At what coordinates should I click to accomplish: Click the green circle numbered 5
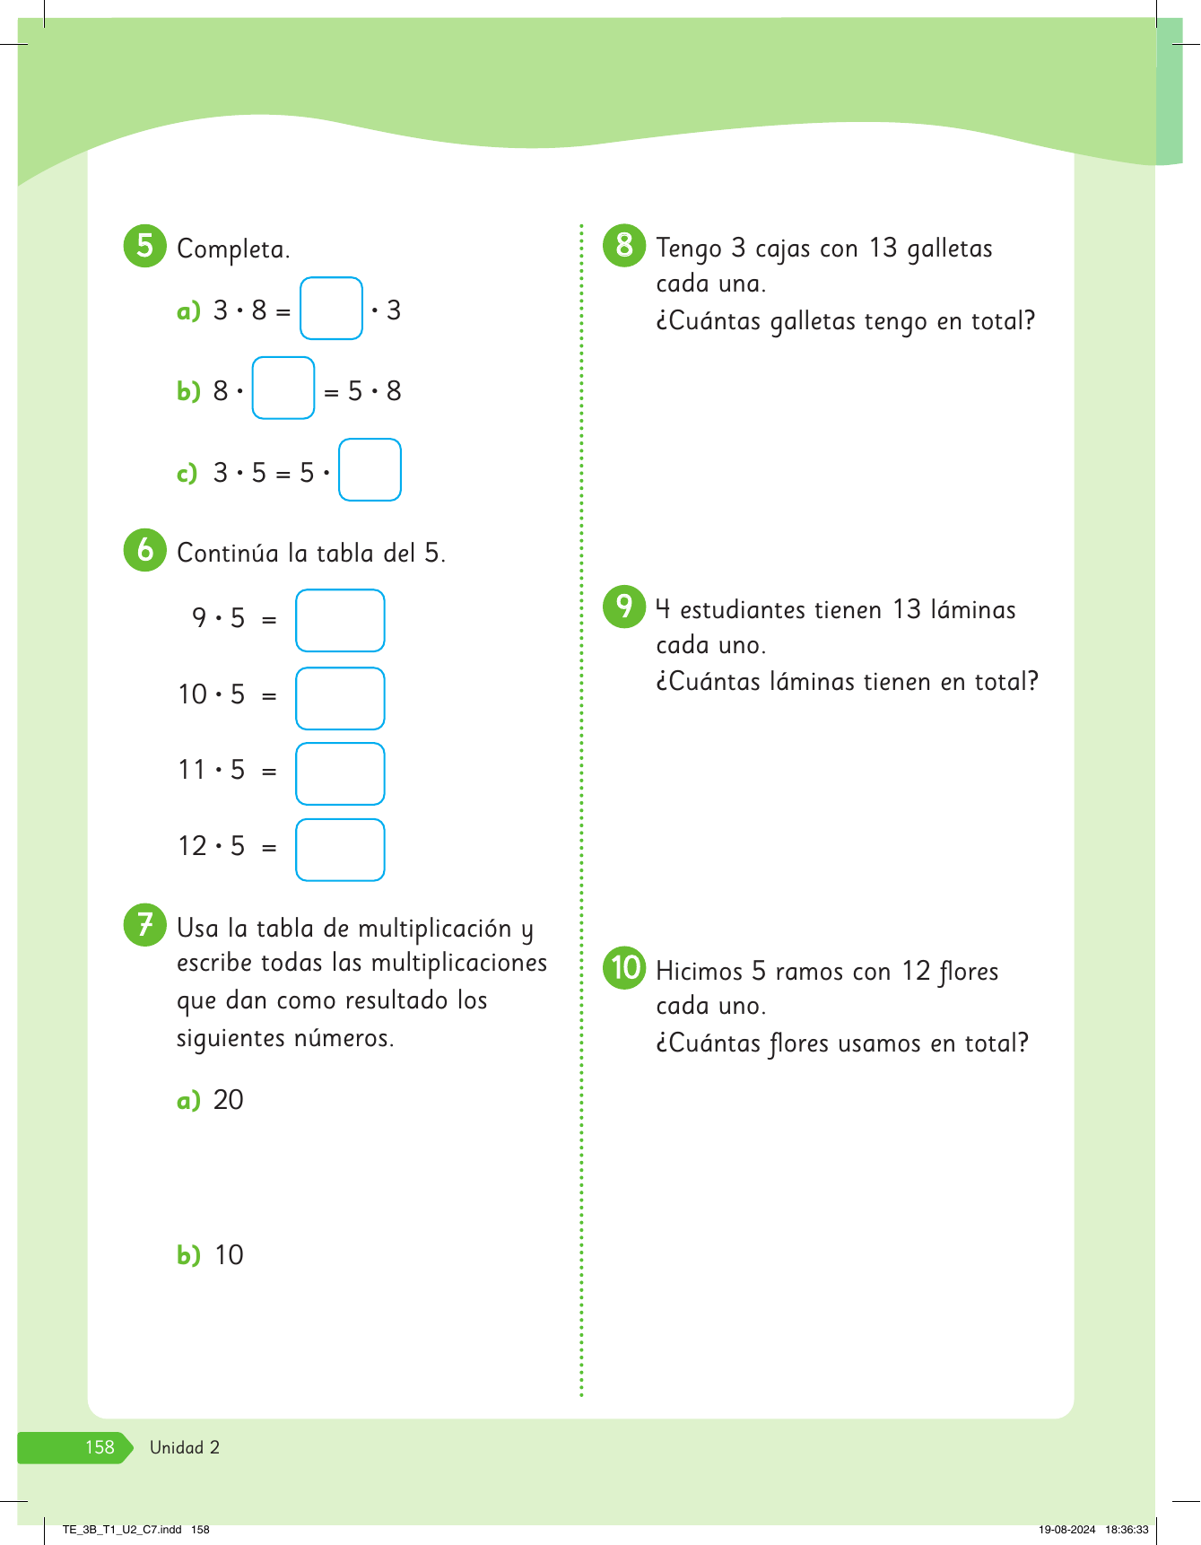(144, 245)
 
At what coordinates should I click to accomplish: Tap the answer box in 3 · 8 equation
(331, 309)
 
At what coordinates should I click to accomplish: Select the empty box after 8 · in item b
(283, 388)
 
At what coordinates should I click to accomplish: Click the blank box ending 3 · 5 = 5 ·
(370, 469)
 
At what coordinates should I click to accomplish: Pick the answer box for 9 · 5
(340, 620)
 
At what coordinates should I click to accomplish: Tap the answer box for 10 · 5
(340, 698)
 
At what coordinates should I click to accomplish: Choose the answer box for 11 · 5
(340, 773)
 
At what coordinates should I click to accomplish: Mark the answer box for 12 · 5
(340, 850)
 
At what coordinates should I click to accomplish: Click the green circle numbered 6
(144, 550)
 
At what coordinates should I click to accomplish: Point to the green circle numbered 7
(144, 924)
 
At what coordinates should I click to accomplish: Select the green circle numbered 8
(624, 245)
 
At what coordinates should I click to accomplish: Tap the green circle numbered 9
(624, 606)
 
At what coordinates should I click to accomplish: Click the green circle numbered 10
(624, 967)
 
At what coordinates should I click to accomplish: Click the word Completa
(233, 249)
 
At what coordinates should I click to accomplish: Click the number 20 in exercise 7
(229, 1100)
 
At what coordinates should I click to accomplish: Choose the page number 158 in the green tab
(100, 1447)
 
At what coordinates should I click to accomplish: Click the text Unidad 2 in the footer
(185, 1447)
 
